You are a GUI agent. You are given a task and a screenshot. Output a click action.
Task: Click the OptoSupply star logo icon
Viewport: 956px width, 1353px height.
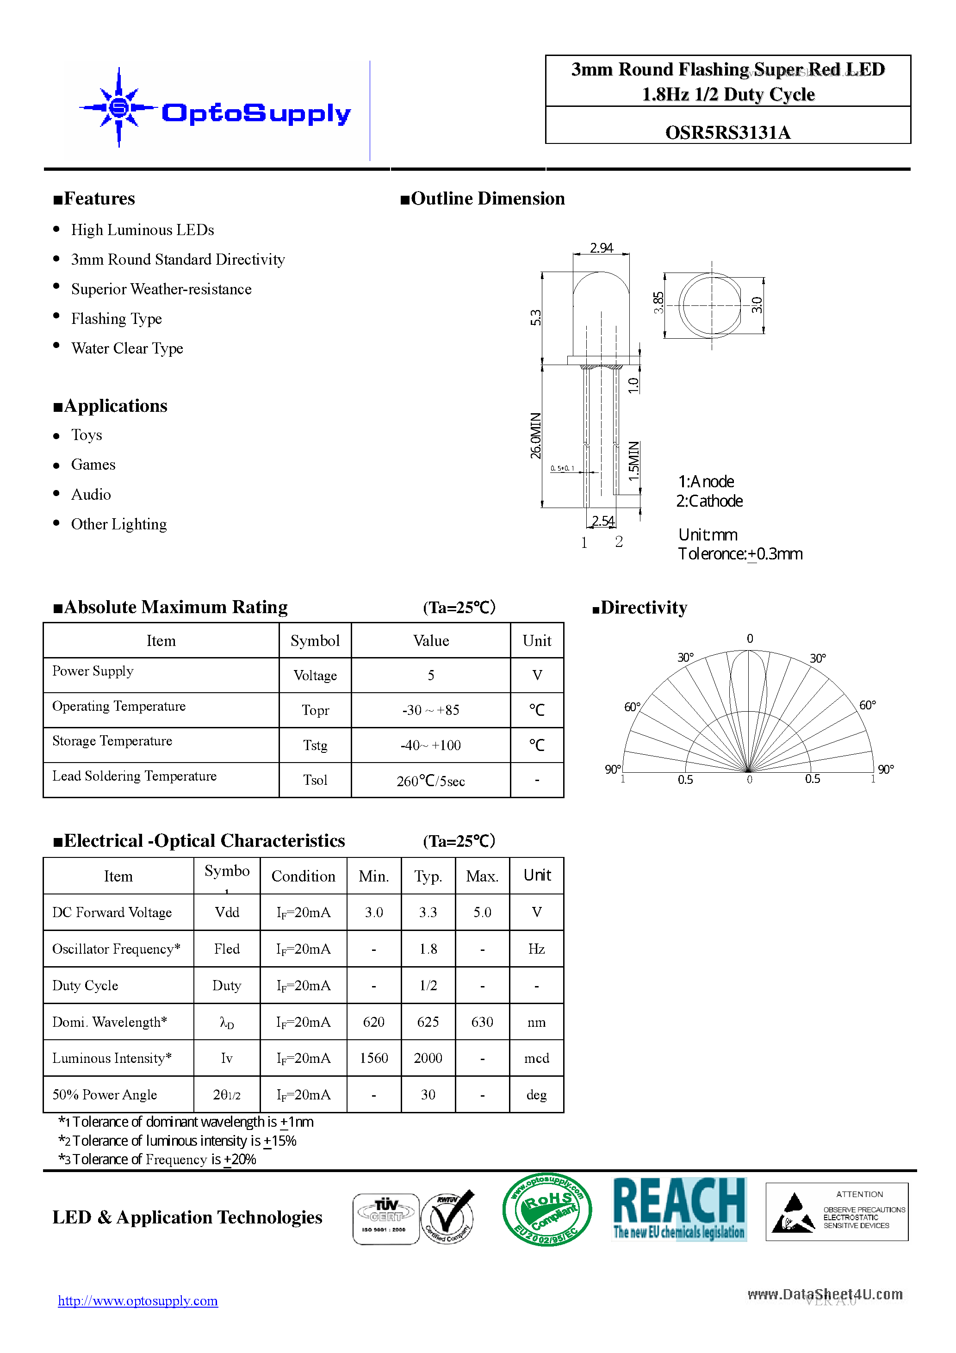click(x=119, y=108)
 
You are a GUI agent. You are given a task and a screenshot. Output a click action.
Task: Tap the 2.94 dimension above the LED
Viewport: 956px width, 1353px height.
click(x=601, y=248)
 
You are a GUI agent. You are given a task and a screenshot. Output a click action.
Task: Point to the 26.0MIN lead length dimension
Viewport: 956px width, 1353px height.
click(x=535, y=435)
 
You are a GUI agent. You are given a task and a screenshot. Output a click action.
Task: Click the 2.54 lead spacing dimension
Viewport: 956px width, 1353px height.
click(x=602, y=521)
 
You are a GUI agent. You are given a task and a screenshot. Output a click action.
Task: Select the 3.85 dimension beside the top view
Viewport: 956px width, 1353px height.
click(x=658, y=303)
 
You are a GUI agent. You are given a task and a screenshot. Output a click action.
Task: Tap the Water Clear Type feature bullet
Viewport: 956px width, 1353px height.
click(x=127, y=348)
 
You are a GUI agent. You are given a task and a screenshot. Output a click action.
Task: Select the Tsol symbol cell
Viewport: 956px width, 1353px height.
click(x=315, y=780)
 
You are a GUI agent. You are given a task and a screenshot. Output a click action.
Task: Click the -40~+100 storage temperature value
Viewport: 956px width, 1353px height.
click(x=430, y=745)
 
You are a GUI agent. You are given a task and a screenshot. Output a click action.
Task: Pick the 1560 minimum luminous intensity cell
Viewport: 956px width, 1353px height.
click(x=374, y=1058)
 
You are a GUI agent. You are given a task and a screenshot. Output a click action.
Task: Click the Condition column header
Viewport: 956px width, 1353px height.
click(x=303, y=876)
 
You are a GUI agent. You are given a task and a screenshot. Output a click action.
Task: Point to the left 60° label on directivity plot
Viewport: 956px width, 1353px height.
click(x=632, y=707)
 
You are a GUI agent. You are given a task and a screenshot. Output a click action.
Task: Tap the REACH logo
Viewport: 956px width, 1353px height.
click(x=680, y=1209)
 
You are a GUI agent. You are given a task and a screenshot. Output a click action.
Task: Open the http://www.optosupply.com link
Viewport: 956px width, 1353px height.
click(x=138, y=1301)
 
